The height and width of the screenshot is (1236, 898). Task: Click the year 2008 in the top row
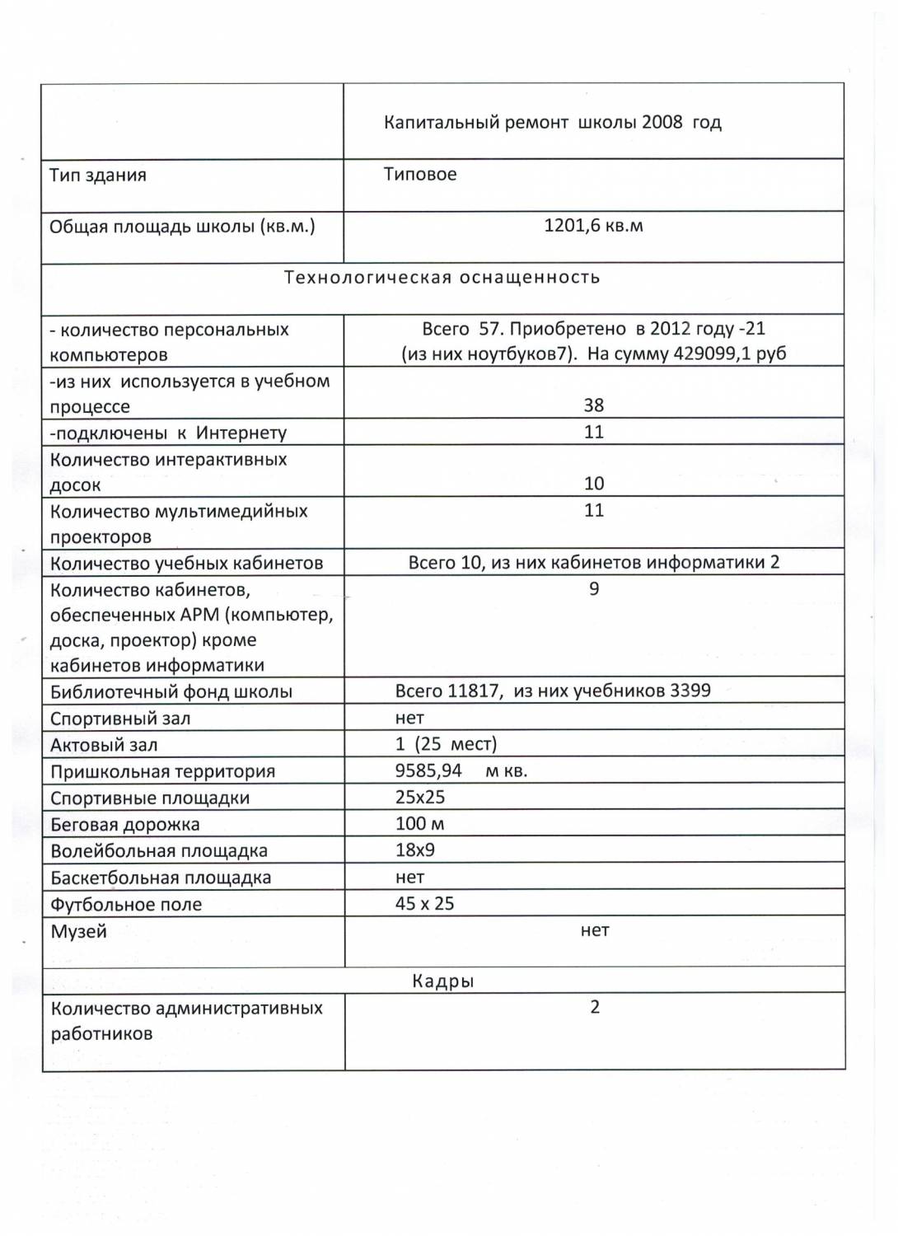[x=662, y=123]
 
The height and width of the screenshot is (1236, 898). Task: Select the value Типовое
[x=420, y=175]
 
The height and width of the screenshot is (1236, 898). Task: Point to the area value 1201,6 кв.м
[x=593, y=226]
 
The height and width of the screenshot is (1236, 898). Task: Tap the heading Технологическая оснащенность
[x=442, y=278]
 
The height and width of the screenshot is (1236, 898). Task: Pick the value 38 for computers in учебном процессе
[x=593, y=405]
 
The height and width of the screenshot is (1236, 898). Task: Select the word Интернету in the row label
[x=241, y=433]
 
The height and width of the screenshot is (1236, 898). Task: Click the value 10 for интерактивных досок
[x=593, y=484]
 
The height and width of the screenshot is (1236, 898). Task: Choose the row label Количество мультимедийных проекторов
[x=178, y=523]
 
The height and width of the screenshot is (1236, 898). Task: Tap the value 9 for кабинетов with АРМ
[x=594, y=589]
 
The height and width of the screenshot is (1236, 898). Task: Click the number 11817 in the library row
[x=473, y=691]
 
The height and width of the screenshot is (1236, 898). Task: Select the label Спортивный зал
[x=120, y=719]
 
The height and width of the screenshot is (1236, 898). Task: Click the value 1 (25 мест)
[x=446, y=745]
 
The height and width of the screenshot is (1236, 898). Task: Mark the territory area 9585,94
[x=428, y=771]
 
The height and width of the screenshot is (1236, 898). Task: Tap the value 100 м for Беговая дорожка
[x=419, y=824]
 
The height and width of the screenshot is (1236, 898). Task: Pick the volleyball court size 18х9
[x=415, y=850]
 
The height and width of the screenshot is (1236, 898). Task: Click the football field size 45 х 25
[x=424, y=904]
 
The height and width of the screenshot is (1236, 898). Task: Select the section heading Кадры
[x=442, y=981]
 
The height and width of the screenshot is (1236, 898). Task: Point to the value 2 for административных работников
[x=595, y=1008]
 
